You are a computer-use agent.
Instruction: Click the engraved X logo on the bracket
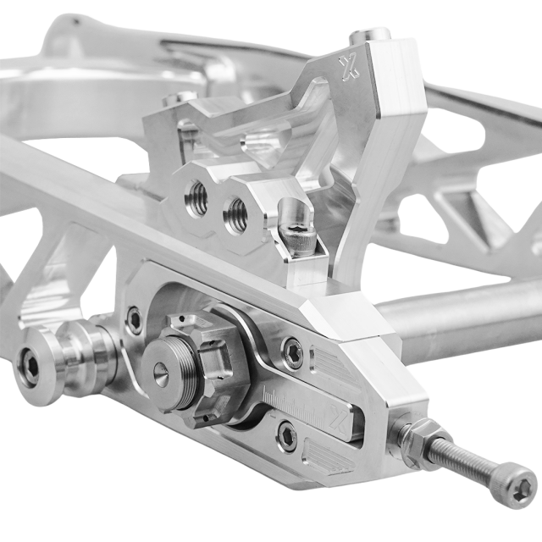point(348,69)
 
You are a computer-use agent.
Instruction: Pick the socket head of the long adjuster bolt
point(517,487)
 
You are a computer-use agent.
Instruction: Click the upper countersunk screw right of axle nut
point(291,352)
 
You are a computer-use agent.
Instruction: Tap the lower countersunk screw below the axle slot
point(287,435)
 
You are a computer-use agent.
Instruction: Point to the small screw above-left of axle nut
point(134,320)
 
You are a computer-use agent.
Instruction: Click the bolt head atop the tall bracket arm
point(370,36)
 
